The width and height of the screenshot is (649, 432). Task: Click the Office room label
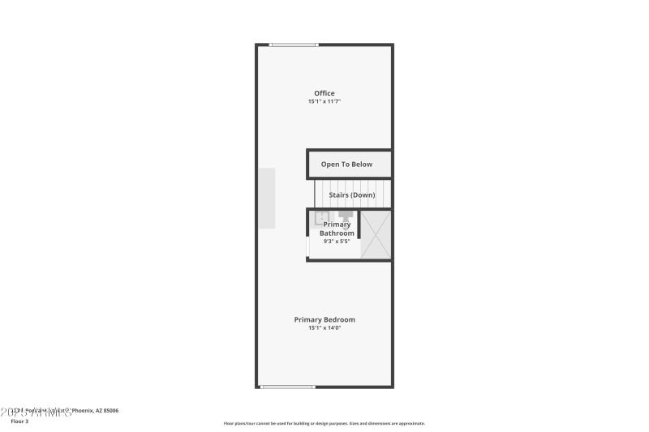click(324, 93)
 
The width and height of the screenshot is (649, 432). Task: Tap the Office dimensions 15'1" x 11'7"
click(324, 102)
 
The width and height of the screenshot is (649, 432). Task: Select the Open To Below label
click(346, 165)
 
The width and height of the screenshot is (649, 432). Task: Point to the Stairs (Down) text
click(351, 195)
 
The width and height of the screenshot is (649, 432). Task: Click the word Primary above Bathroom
click(337, 225)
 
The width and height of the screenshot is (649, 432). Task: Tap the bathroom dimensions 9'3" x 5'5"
click(337, 241)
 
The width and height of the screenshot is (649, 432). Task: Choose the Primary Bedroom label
click(324, 319)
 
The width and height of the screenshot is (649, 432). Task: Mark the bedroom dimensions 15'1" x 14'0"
click(324, 328)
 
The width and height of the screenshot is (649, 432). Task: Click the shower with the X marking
click(376, 235)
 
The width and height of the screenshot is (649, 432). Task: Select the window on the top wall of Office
click(294, 45)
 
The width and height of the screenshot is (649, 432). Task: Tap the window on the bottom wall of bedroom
click(287, 387)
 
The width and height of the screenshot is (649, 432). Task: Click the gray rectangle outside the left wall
click(267, 199)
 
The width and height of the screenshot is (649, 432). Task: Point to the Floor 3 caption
click(19, 421)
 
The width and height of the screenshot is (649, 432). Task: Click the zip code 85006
click(110, 411)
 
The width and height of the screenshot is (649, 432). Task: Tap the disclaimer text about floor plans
click(324, 423)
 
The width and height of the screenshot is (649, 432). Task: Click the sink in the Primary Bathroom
click(321, 217)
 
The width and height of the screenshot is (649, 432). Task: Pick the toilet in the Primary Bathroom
click(346, 216)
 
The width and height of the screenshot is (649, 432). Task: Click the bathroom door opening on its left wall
click(307, 246)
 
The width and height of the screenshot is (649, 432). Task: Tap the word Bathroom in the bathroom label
click(337, 233)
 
